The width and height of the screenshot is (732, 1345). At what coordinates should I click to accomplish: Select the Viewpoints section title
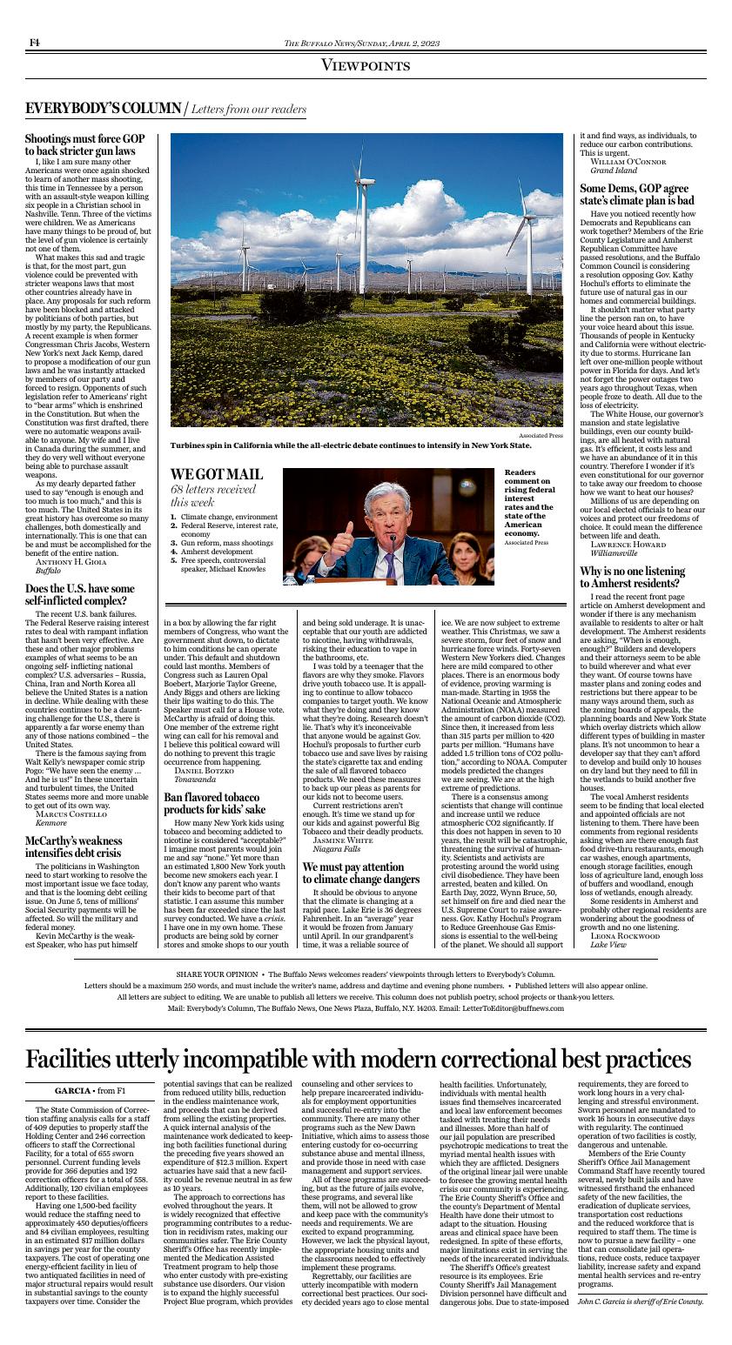pyautogui.click(x=366, y=66)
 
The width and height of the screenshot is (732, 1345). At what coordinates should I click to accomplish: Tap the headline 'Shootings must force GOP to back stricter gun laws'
pyautogui.click(x=84, y=145)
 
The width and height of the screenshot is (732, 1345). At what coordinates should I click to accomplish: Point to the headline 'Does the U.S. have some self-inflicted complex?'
pyautogui.click(x=80, y=595)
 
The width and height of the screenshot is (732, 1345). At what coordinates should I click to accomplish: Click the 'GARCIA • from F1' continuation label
pyautogui.click(x=91, y=1090)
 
